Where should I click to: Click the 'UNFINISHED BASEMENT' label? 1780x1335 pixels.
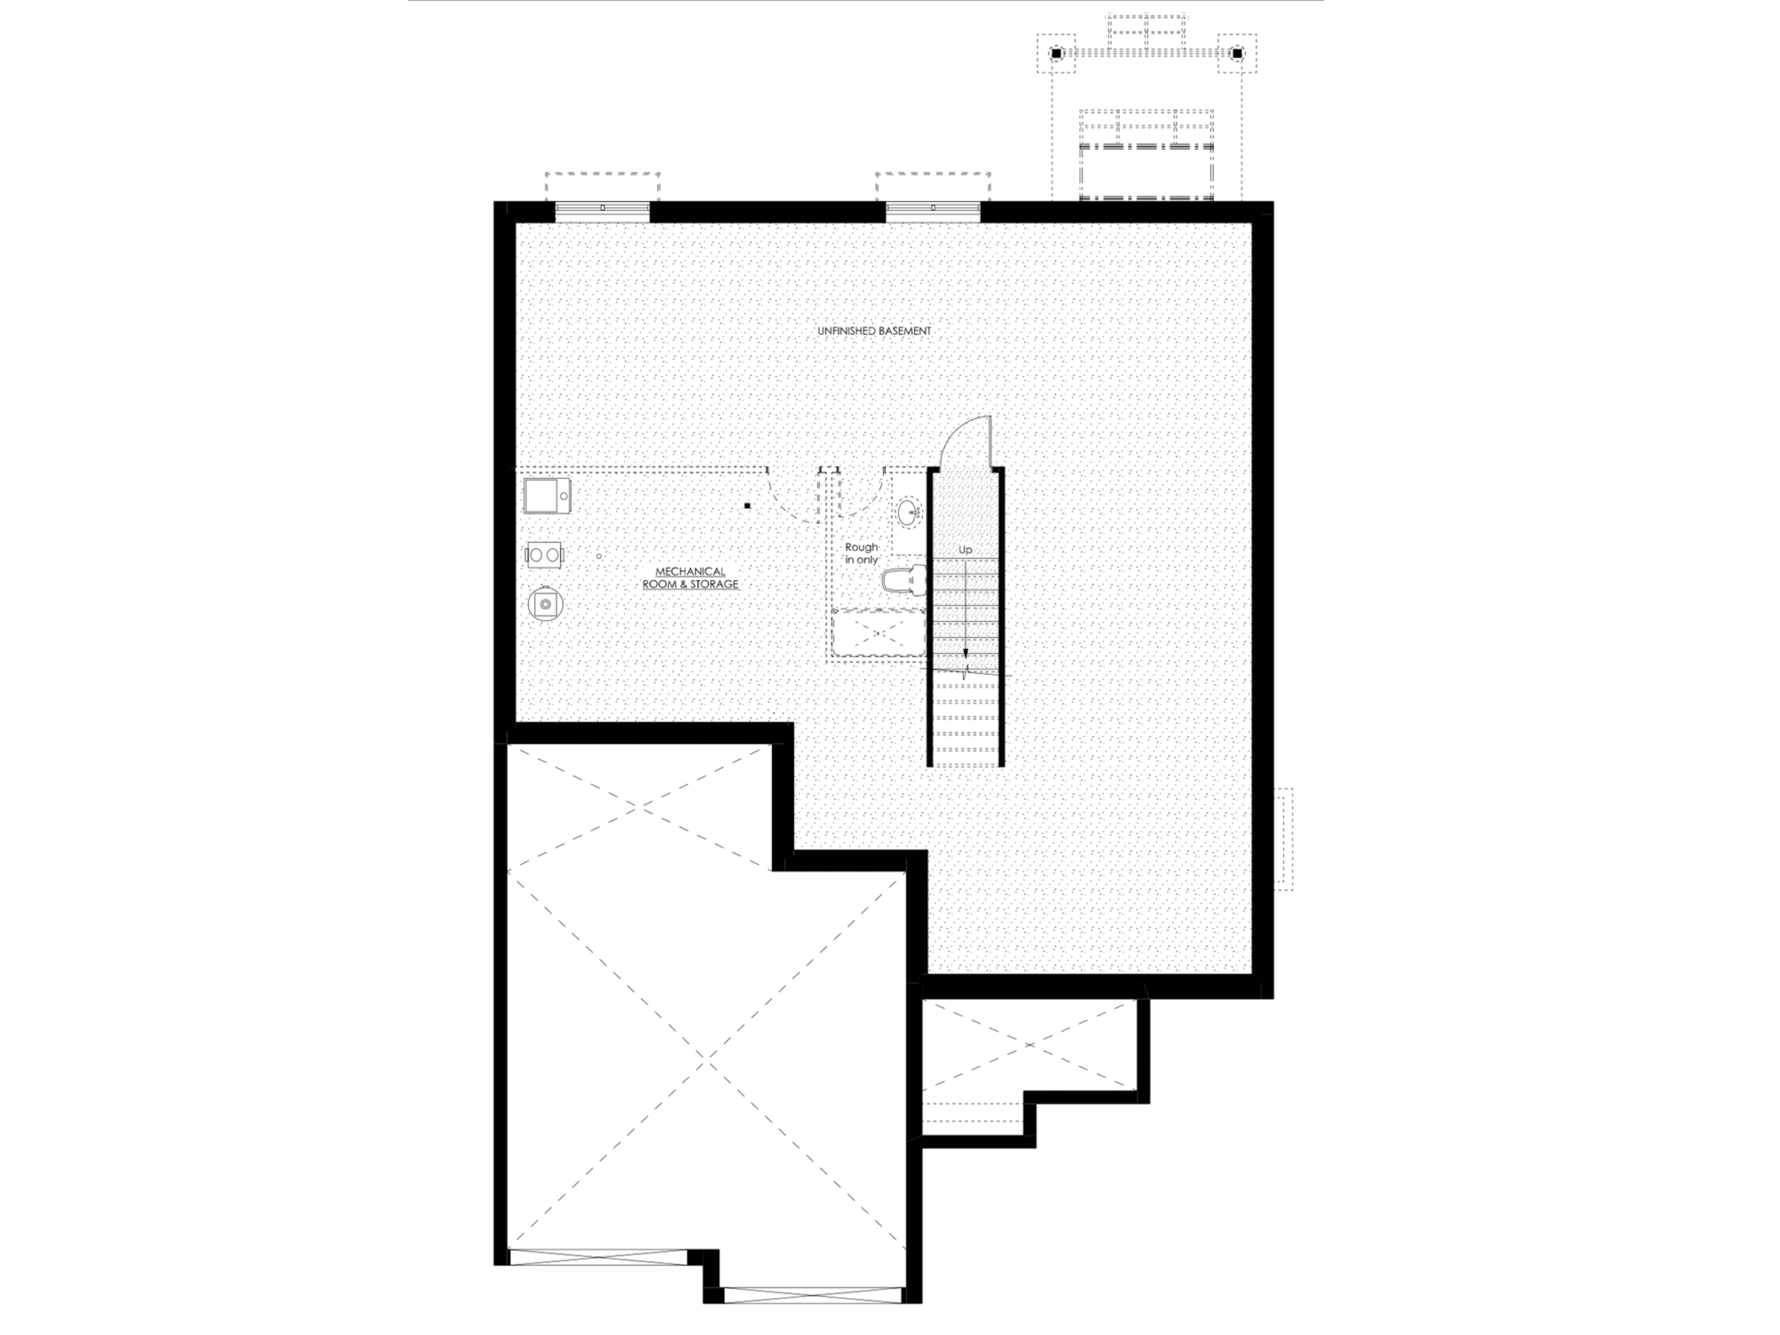tap(874, 331)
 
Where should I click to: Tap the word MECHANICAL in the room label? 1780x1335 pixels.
tap(690, 571)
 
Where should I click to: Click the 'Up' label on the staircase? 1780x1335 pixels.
tap(965, 550)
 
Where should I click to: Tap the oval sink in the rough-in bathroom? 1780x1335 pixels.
tap(910, 513)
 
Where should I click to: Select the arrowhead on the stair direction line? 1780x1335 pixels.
tap(965, 652)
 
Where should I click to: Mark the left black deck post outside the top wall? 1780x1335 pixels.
tap(1056, 54)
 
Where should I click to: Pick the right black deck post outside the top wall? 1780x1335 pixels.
tap(1237, 54)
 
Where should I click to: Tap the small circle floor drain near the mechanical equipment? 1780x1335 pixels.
tap(599, 556)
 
